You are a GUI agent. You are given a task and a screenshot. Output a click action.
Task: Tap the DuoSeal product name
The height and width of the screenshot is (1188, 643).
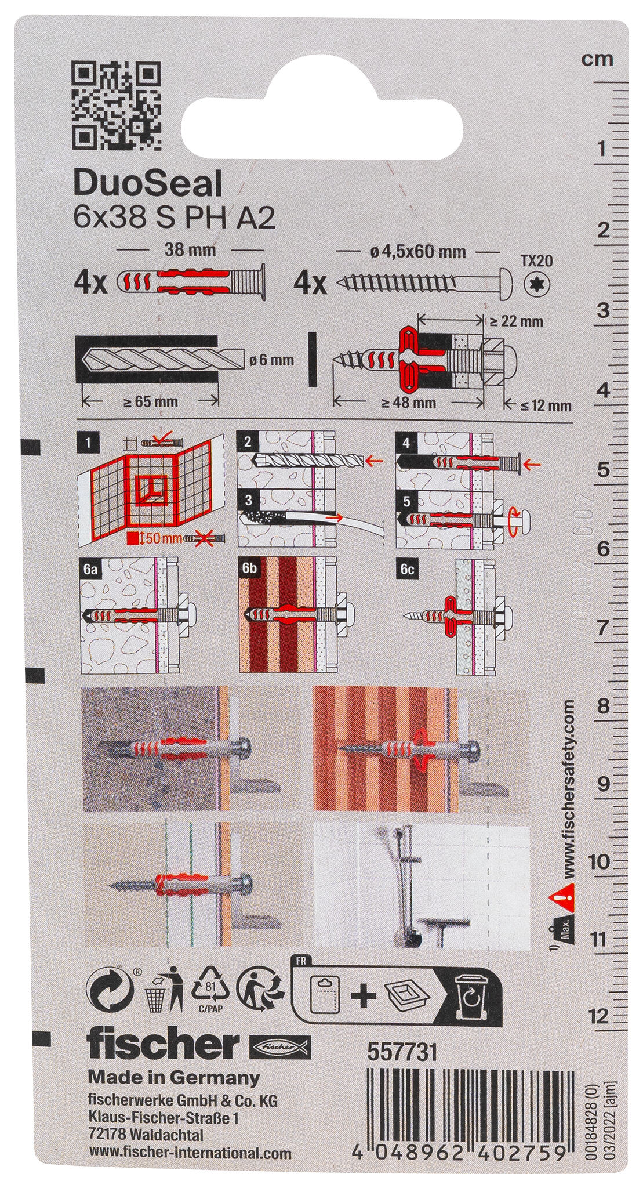(148, 186)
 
